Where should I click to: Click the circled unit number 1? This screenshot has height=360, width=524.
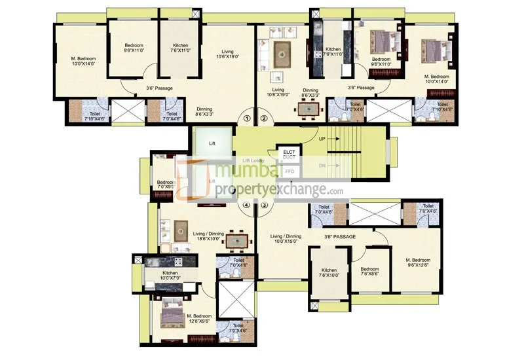point(247,118)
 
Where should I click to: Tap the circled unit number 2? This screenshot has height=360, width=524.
point(264,118)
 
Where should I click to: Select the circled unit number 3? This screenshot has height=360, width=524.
point(264,206)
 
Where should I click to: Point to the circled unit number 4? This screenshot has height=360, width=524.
point(247,206)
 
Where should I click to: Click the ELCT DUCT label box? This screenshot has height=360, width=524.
point(289,154)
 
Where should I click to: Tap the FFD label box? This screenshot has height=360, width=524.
point(289,171)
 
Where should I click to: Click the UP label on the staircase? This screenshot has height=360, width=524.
point(322,139)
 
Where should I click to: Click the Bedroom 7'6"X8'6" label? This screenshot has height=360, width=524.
point(369,272)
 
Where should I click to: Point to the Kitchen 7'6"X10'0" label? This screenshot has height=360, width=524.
point(329,273)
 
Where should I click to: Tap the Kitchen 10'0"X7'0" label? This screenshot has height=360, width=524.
point(170,276)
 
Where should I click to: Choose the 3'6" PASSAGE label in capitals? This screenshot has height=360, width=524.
point(339,236)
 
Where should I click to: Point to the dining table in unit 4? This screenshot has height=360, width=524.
point(238,241)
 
